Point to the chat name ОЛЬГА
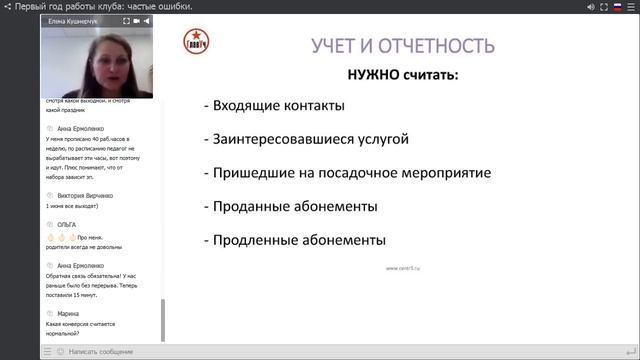67,225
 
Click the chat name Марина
69,313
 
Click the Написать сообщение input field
100,351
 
